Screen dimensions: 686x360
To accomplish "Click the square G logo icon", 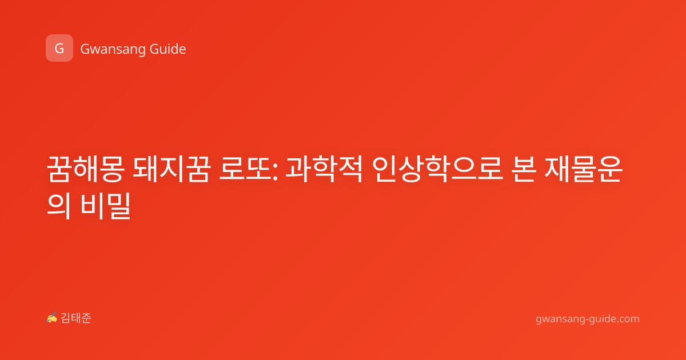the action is click(x=59, y=48).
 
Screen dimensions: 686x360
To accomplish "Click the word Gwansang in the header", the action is click(x=113, y=50).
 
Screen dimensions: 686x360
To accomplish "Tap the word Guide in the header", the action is click(x=168, y=49).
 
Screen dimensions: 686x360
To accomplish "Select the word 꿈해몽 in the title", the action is click(x=85, y=169).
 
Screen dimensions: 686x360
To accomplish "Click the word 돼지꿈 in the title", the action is click(x=171, y=169).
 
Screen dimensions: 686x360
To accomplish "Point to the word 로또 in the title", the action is click(x=246, y=169).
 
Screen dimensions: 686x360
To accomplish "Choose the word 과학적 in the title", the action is click(x=324, y=169).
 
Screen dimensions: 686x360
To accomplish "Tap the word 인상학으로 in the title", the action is click(x=437, y=169).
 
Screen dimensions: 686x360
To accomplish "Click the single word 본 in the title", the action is click(x=524, y=169).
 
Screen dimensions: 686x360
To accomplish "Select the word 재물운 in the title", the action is click(x=584, y=169).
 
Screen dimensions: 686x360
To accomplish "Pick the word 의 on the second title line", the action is click(x=59, y=206).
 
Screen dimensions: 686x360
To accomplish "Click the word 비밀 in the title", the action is click(x=106, y=206).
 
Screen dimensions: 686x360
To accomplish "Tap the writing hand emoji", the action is click(x=52, y=318).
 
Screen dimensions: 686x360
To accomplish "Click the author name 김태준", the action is click(x=76, y=318).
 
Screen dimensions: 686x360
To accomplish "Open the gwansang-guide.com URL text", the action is click(x=588, y=319).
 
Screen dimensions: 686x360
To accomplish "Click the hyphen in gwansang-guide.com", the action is click(x=586, y=319).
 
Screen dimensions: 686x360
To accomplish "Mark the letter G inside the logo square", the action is click(x=59, y=49).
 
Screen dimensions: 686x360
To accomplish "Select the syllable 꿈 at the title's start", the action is click(x=59, y=169).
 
